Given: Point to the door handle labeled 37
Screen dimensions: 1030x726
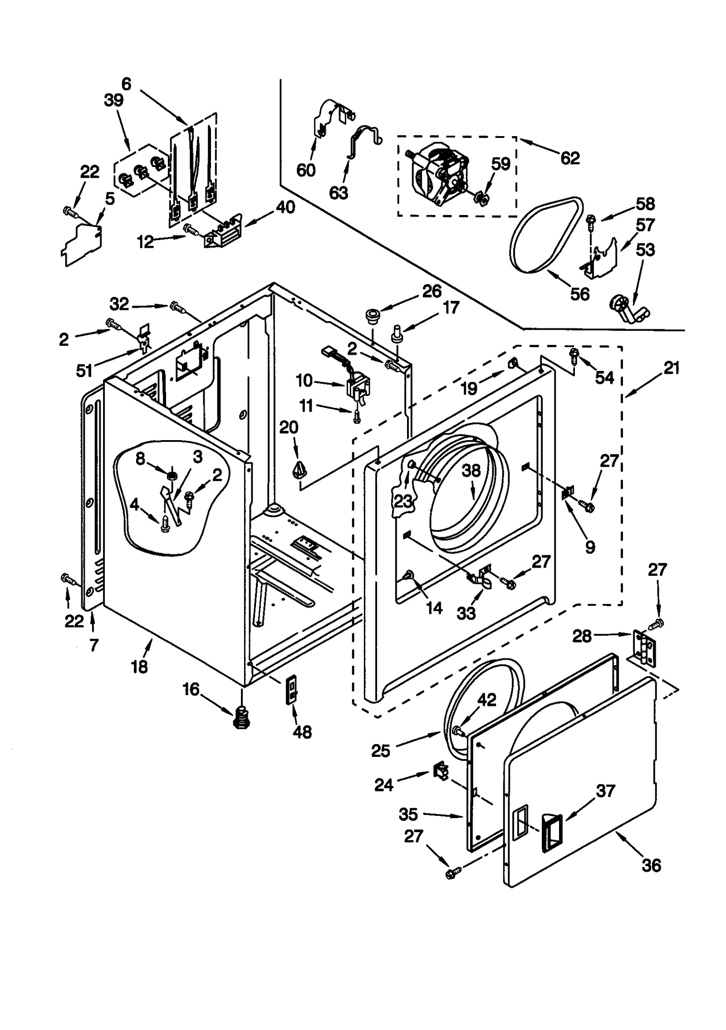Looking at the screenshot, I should (x=551, y=831).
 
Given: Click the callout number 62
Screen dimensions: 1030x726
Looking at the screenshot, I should (x=570, y=158).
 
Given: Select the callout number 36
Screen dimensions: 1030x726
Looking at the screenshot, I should (x=651, y=865).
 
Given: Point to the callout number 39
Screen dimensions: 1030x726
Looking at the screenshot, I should (x=113, y=100).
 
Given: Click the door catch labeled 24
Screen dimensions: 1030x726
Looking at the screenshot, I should (x=440, y=770).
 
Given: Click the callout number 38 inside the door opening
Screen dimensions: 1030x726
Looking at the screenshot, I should (x=471, y=471).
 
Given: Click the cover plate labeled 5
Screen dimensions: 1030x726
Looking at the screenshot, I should (x=82, y=244).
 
